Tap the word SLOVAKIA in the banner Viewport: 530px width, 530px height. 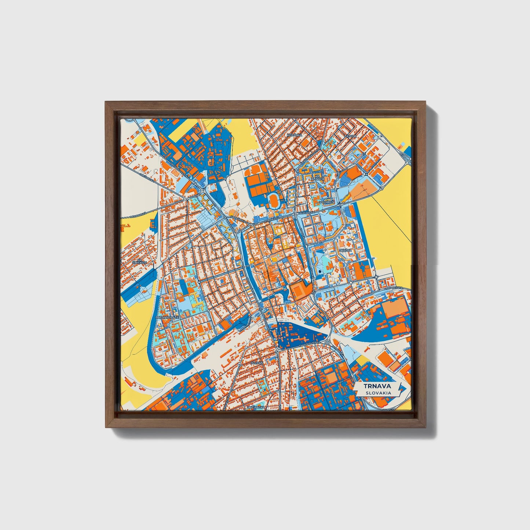coord(378,393)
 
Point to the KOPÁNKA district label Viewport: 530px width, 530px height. coord(295,135)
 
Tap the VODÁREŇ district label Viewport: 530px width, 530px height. coord(326,202)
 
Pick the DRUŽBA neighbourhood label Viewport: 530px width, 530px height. coord(346,251)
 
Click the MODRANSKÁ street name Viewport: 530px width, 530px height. coord(138,215)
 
